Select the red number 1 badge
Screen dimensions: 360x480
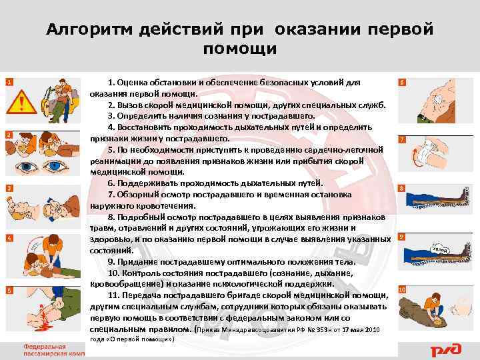(x=8, y=82)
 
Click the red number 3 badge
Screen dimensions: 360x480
(x=8, y=189)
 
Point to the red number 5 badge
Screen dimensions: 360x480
(x=8, y=291)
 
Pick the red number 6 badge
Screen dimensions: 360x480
(x=401, y=82)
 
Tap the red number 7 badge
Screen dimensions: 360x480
(x=401, y=139)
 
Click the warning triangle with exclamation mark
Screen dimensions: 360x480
(x=25, y=103)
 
